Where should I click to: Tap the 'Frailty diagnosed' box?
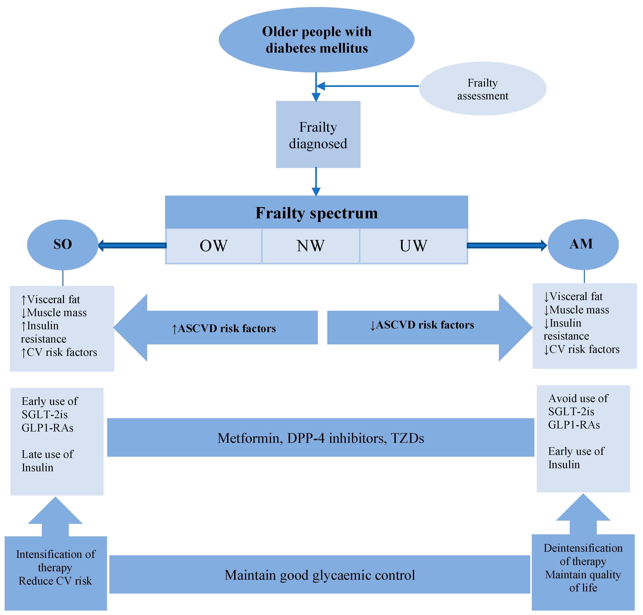[318, 135]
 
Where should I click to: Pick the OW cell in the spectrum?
[214, 246]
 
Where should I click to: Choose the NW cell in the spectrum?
[310, 246]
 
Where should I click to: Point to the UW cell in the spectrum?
[413, 246]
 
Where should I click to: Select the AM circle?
[583, 244]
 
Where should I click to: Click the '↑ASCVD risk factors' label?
[224, 328]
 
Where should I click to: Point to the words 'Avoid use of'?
[578, 398]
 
